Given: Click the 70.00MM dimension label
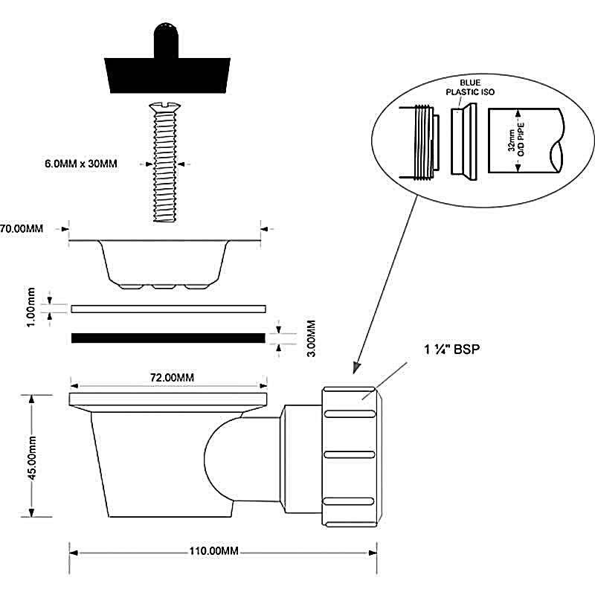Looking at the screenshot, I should (x=22, y=229).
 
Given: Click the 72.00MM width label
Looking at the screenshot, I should (x=172, y=378).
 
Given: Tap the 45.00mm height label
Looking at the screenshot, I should (x=31, y=456).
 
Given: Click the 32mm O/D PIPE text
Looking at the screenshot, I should (x=515, y=139).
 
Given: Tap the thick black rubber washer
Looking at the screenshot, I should (x=168, y=338).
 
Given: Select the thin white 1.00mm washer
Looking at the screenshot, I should (x=168, y=308).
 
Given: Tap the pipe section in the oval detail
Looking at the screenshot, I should (x=528, y=141).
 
